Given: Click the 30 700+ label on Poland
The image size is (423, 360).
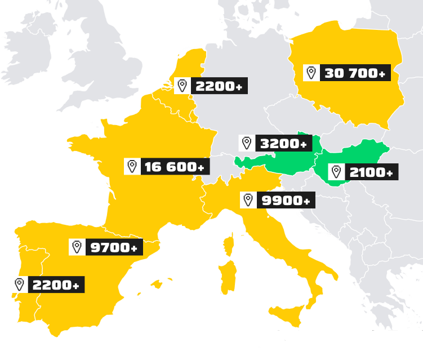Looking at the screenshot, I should pyautogui.click(x=354, y=73).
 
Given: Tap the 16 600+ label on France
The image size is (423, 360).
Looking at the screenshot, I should pyautogui.click(x=175, y=167).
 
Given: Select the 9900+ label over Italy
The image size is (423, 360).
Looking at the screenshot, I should pyautogui.click(x=284, y=200).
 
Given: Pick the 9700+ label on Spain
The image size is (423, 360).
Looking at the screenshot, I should pyautogui.click(x=113, y=247).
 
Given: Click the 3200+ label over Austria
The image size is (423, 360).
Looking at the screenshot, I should pyautogui.click(x=283, y=143).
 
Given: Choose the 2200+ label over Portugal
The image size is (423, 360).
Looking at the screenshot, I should pyautogui.click(x=55, y=285).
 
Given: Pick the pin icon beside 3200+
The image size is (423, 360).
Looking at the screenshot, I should pyautogui.click(x=247, y=143).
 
